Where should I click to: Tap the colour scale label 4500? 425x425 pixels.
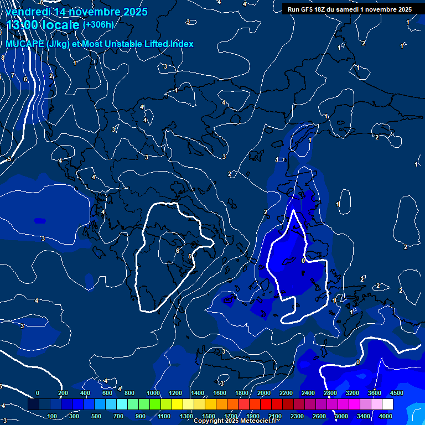point(396,393)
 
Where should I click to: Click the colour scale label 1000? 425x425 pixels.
point(153,393)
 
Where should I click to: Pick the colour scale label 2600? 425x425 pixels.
point(319,416)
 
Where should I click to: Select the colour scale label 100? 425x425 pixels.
point(53,416)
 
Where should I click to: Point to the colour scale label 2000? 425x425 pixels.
point(264,393)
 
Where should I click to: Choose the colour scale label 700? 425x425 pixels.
point(119,416)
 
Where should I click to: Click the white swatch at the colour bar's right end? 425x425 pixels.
point(387,405)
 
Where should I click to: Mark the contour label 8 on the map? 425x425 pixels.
point(2,58)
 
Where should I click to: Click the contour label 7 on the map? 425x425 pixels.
point(12,75)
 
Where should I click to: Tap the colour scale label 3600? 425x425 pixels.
point(375,393)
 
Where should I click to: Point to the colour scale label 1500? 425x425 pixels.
point(208,416)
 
